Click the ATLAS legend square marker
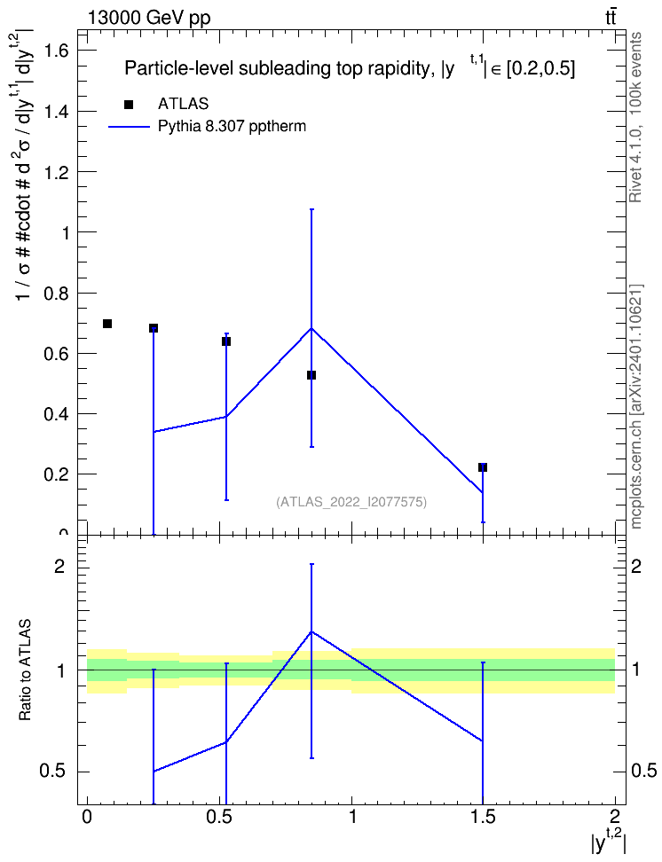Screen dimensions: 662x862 pyautogui.click(x=129, y=105)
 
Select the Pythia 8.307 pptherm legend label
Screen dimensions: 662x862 pyautogui.click(x=232, y=127)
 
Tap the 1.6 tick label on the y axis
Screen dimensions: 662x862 pyautogui.click(x=56, y=51)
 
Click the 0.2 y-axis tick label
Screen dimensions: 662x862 pyautogui.click(x=56, y=474)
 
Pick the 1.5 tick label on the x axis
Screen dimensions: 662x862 pyautogui.click(x=483, y=816)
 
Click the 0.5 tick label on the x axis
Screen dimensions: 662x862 pyautogui.click(x=219, y=816)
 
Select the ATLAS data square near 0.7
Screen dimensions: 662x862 pyautogui.click(x=107, y=324)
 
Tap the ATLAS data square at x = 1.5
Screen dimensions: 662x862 pyautogui.click(x=483, y=467)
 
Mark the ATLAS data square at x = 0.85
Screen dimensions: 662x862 pyautogui.click(x=311, y=375)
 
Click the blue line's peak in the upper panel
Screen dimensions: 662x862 pyautogui.click(x=311, y=328)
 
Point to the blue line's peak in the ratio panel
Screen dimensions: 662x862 pyautogui.click(x=311, y=631)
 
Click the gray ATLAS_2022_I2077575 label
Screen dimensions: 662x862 pyautogui.click(x=351, y=502)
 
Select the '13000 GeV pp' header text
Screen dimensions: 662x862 pyautogui.click(x=148, y=18)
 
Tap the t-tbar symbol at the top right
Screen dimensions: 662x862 pyautogui.click(x=611, y=17)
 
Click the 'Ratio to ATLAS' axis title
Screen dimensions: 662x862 pyautogui.click(x=25, y=670)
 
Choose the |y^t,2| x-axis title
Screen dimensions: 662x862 pyautogui.click(x=609, y=841)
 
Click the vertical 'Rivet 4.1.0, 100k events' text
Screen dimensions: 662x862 pyautogui.click(x=635, y=118)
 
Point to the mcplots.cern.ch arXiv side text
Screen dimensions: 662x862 pyautogui.click(x=635, y=407)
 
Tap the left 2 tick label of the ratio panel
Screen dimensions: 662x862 pyautogui.click(x=59, y=566)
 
